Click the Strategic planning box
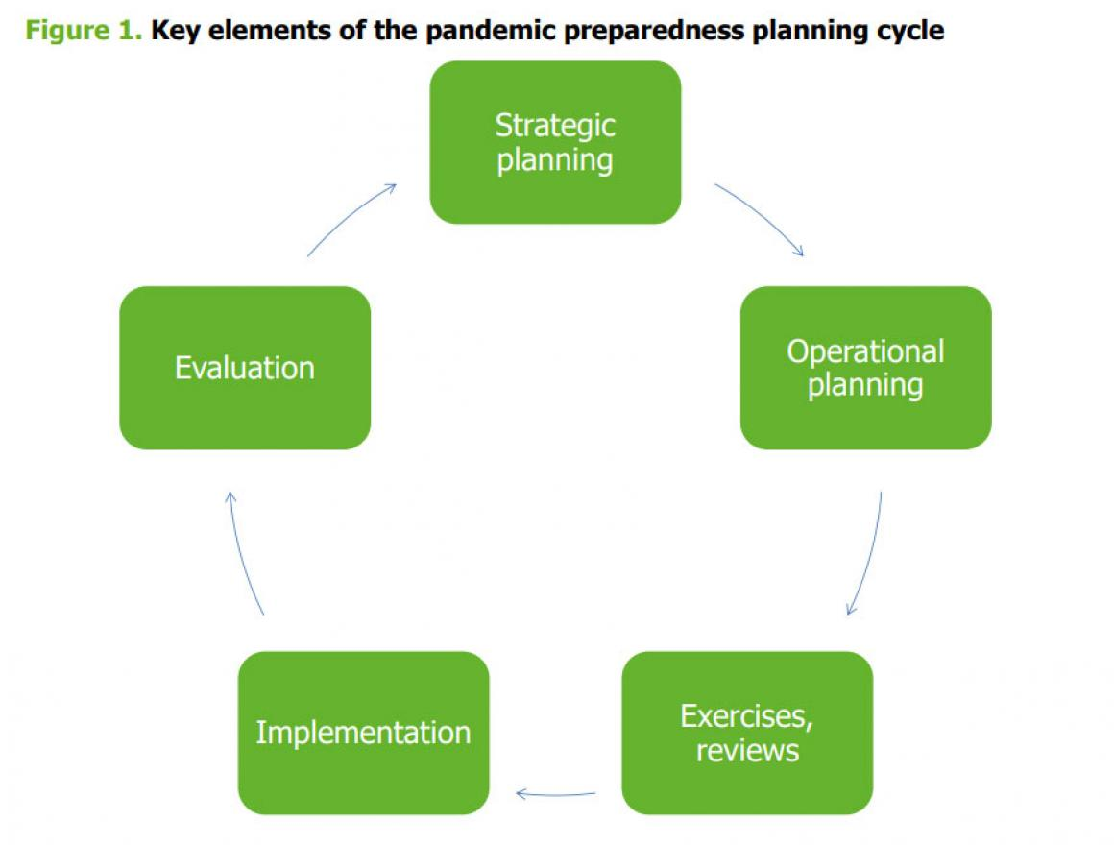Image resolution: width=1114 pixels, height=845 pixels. click(x=556, y=142)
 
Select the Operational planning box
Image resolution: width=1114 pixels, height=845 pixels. click(x=865, y=368)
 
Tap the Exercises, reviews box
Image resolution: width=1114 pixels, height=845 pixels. click(x=747, y=733)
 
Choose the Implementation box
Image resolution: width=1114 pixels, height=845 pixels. click(x=364, y=733)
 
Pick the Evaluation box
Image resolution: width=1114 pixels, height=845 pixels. click(x=245, y=368)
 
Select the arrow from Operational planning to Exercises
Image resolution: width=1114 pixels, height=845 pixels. click(x=870, y=555)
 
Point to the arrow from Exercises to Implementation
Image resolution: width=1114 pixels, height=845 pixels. click(x=556, y=794)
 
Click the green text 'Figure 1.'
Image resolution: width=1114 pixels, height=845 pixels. click(x=84, y=31)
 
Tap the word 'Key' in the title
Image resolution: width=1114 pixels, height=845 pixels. click(x=176, y=32)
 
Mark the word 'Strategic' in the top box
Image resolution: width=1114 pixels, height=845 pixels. click(x=556, y=127)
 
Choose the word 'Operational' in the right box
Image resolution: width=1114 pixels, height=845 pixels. click(x=865, y=351)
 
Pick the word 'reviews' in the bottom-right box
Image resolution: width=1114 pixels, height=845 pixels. click(x=747, y=751)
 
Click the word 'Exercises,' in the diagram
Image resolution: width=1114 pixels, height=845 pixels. click(x=747, y=716)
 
